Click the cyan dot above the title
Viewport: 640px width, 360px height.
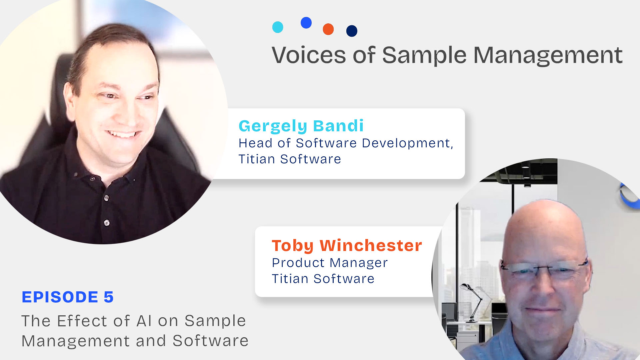click(x=278, y=27)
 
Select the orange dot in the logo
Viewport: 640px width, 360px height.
click(x=328, y=29)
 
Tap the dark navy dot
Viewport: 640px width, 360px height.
click(x=352, y=31)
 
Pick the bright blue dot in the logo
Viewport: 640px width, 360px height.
click(x=306, y=23)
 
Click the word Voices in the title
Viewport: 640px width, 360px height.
click(x=309, y=55)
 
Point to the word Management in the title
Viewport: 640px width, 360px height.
click(x=548, y=55)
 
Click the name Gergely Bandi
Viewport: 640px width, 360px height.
click(x=301, y=126)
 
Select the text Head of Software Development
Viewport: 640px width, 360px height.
click(x=345, y=143)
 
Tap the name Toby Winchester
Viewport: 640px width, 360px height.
click(x=347, y=246)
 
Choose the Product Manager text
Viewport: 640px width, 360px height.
click(x=330, y=263)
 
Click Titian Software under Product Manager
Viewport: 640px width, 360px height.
click(x=323, y=279)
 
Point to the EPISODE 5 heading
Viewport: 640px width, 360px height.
click(x=68, y=297)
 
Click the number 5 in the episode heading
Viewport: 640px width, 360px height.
click(x=109, y=297)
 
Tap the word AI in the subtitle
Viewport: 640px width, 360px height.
click(x=144, y=321)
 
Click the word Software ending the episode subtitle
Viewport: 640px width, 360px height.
click(x=210, y=341)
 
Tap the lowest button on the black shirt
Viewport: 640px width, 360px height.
click(x=107, y=223)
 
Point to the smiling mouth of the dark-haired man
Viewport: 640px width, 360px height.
click(x=122, y=134)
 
